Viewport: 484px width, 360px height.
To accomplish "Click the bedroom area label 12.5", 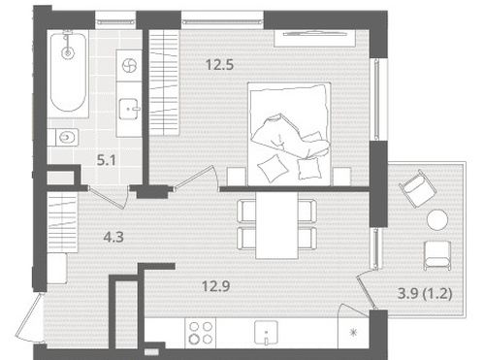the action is click(219, 65).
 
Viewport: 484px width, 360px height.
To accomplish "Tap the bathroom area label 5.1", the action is click(107, 160).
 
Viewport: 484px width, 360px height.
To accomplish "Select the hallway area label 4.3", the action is click(113, 237).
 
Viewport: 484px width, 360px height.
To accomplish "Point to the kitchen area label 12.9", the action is click(215, 286).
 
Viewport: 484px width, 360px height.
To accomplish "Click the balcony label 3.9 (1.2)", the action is click(424, 294).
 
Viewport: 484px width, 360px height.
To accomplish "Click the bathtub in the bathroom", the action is click(68, 73).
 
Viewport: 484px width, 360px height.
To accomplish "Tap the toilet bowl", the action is click(67, 138).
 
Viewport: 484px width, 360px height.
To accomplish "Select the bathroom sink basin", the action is click(129, 109).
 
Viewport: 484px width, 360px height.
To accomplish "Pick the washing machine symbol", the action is click(129, 66).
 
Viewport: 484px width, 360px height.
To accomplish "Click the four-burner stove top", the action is click(201, 333).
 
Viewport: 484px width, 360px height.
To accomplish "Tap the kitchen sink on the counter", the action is click(266, 333).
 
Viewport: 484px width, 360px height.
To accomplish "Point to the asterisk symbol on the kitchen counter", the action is click(354, 332).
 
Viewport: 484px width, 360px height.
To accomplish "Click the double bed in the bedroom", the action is click(289, 134).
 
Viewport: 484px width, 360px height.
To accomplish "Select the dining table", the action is click(276, 226).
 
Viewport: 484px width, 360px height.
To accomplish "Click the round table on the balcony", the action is click(437, 219).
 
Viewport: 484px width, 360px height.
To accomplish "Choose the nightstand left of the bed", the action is click(237, 177).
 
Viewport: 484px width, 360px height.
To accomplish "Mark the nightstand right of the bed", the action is click(342, 177).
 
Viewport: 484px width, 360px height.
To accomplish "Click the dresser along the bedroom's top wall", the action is click(315, 39).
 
